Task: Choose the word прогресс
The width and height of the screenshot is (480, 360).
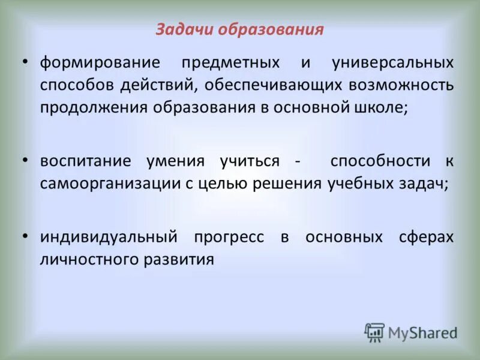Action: coord(229,238)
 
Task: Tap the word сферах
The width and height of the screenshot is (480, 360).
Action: coord(425,238)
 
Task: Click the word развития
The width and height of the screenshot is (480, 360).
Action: coord(184,260)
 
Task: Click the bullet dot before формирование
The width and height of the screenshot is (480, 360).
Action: coord(25,62)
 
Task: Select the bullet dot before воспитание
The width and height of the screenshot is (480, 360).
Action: coord(25,160)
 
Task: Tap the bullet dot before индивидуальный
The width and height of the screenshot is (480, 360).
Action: coord(25,236)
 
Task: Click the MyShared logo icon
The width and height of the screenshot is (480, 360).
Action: coord(374,332)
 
